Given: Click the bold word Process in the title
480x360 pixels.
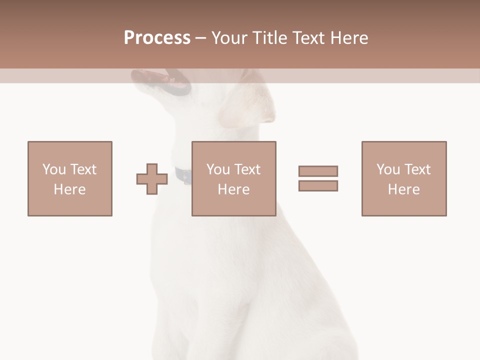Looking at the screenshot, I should point(157,38).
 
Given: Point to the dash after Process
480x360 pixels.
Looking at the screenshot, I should point(200,38).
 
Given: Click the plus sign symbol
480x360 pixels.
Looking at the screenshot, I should point(152,179).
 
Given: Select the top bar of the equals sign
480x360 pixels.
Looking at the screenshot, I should point(318,171).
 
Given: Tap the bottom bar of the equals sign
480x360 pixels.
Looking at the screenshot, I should point(318,186).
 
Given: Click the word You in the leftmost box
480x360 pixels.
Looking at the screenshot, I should point(53,169).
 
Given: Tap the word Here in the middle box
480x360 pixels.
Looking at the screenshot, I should point(234,189).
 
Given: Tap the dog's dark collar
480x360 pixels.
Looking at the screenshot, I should point(183,175).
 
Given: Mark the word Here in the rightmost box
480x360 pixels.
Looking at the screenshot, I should point(404,189).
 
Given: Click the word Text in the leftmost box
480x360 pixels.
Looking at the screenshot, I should point(82,169).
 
